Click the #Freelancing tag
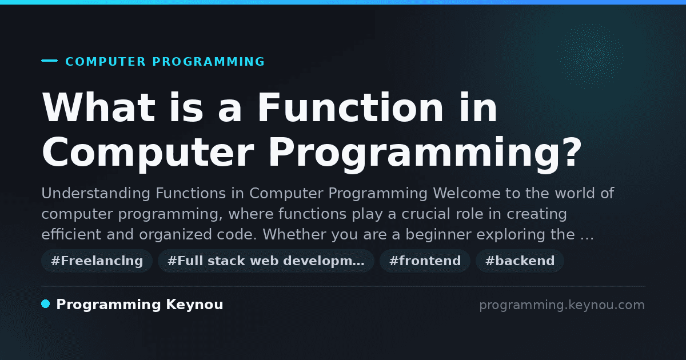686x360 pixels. [97, 261]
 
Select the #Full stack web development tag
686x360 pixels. [266, 261]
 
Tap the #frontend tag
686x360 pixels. [425, 261]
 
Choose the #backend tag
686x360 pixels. [520, 261]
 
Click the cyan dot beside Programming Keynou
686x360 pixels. [46, 304]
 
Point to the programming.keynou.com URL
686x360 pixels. [562, 305]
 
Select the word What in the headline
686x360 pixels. [98, 108]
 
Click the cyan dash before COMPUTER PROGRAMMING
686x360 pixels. [49, 61]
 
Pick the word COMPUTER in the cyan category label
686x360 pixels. [106, 62]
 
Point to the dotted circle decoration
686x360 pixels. [591, 57]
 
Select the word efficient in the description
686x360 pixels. [71, 234]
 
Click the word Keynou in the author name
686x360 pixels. [194, 305]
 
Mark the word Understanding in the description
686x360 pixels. [96, 194]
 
